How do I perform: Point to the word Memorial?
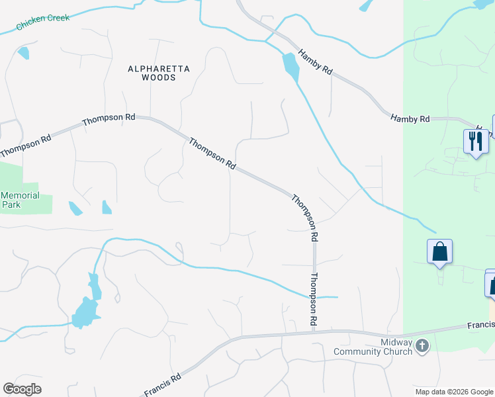[21, 196]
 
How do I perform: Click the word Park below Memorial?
[11, 204]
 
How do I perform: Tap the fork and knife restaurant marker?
[476, 141]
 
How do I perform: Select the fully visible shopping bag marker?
[439, 251]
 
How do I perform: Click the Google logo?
[22, 389]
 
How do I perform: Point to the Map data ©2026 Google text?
[454, 392]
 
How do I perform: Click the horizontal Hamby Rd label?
[410, 118]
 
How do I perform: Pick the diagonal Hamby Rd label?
[315, 64]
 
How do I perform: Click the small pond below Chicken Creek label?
[24, 52]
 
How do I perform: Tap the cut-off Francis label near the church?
[481, 325]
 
